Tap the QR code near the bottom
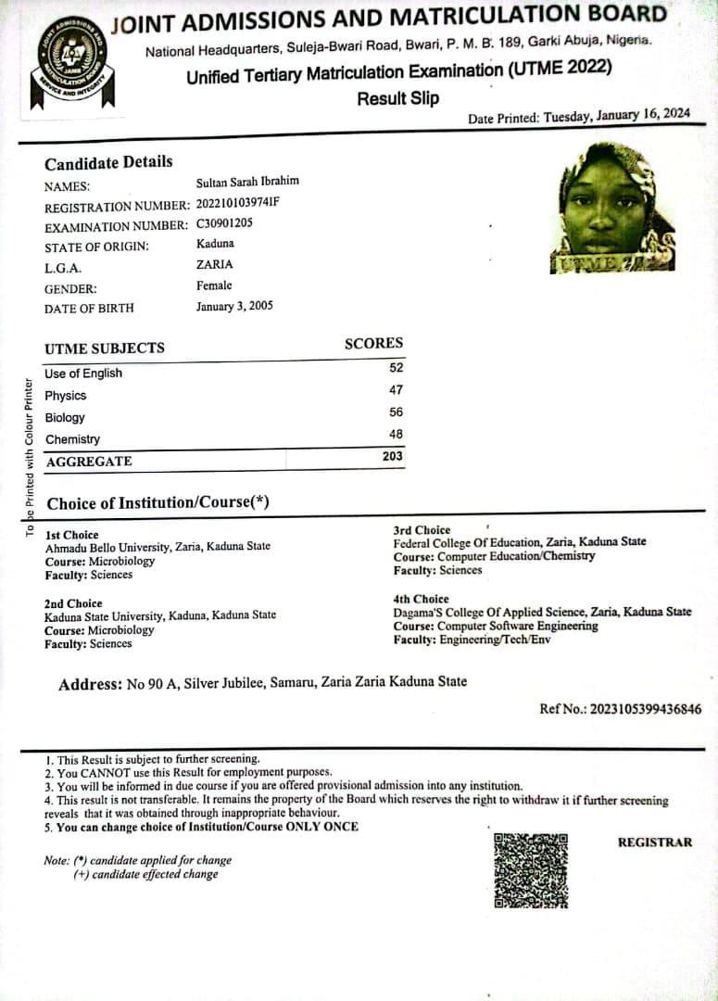tap(530, 870)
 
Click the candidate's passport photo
tap(617, 208)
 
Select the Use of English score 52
tap(396, 368)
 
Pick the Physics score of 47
tap(396, 390)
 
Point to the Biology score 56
tap(396, 412)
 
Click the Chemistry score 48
tap(396, 434)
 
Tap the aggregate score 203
tap(393, 456)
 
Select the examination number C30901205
tap(224, 223)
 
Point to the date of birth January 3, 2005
tap(234, 306)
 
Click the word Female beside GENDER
tap(214, 285)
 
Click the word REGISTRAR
tap(655, 842)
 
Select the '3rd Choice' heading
tap(422, 530)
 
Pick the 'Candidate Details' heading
tap(108, 162)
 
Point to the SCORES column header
tap(373, 343)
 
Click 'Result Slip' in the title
tap(398, 98)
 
